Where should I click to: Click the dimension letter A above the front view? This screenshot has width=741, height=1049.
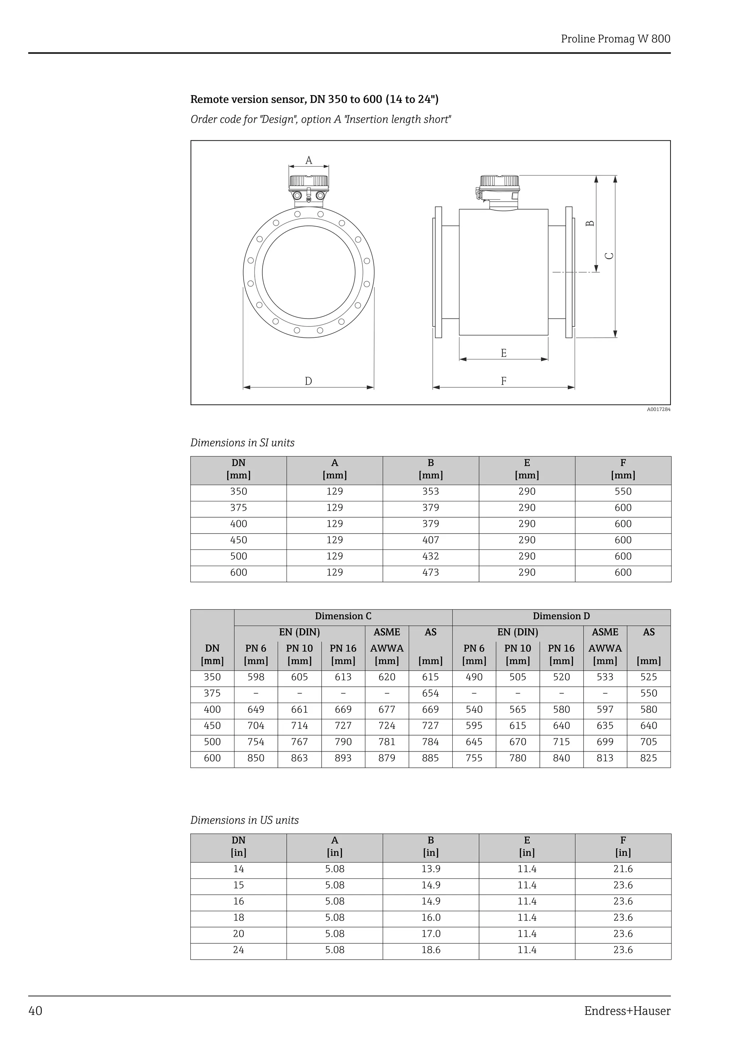click(309, 160)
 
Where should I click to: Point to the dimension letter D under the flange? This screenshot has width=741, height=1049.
click(308, 381)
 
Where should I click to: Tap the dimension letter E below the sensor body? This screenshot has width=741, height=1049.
click(504, 353)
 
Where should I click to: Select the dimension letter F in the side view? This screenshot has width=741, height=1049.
click(504, 381)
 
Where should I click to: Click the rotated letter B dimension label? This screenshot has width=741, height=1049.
click(590, 223)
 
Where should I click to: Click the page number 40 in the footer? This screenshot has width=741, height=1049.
click(35, 1011)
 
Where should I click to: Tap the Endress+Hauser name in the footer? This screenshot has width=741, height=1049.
click(627, 1011)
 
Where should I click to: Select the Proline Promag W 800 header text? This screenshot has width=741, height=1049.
click(615, 39)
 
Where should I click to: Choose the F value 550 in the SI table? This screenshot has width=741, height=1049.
click(623, 492)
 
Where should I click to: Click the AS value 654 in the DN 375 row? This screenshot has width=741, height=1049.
click(430, 694)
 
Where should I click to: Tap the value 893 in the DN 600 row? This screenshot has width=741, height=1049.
click(343, 758)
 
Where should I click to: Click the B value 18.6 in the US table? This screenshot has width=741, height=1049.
click(431, 950)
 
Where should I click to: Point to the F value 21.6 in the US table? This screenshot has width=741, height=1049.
click(623, 869)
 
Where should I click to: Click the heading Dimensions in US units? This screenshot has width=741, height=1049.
click(244, 820)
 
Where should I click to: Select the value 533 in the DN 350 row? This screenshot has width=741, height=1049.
click(605, 677)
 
